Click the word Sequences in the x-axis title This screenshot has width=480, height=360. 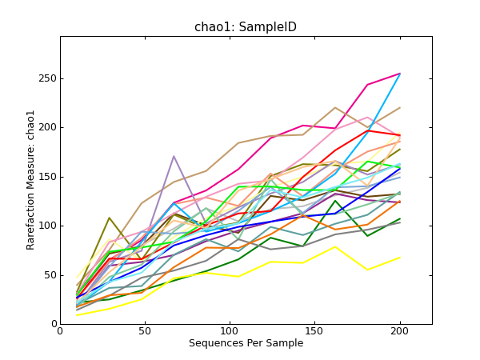pyautogui.click(x=213, y=343)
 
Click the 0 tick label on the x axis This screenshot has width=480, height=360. pyautogui.click(x=60, y=332)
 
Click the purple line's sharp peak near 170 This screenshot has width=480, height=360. pyautogui.click(x=174, y=156)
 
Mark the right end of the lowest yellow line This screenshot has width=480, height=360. pyautogui.click(x=400, y=258)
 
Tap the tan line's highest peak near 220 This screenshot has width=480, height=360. pyautogui.click(x=336, y=107)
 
